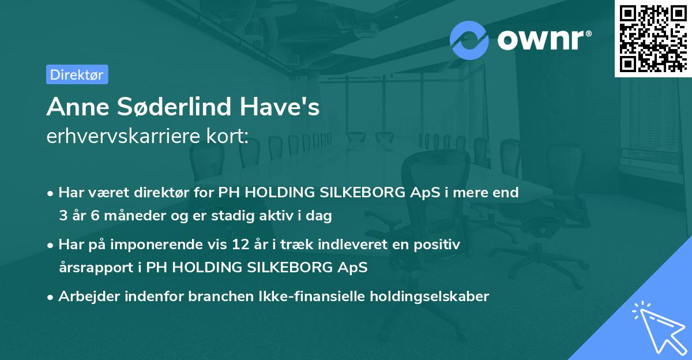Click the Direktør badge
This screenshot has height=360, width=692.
tap(77, 74)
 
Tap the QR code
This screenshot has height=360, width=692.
tap(652, 38)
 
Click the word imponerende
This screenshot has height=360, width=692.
tap(171, 245)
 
